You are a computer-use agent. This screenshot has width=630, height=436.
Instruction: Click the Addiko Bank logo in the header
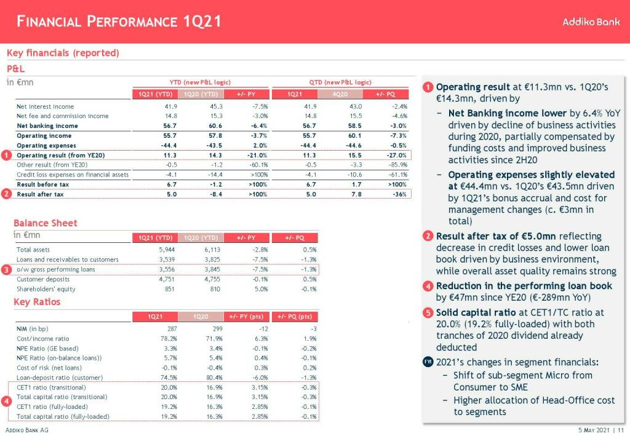[591, 22]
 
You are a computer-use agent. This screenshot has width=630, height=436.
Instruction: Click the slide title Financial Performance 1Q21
[119, 22]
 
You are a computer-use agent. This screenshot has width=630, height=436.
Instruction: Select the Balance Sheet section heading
[46, 223]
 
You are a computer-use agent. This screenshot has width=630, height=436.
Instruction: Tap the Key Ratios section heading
[38, 302]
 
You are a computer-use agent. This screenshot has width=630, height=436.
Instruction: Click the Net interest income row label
[45, 106]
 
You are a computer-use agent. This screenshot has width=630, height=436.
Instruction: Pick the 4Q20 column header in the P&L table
[339, 93]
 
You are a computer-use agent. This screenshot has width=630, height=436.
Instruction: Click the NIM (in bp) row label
[34, 328]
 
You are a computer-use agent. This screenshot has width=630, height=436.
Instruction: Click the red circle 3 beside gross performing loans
[6, 269]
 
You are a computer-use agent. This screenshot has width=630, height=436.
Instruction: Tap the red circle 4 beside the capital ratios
[6, 402]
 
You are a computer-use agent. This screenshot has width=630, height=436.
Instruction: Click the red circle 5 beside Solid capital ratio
[428, 312]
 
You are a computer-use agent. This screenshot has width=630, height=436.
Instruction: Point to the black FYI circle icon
[428, 362]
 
